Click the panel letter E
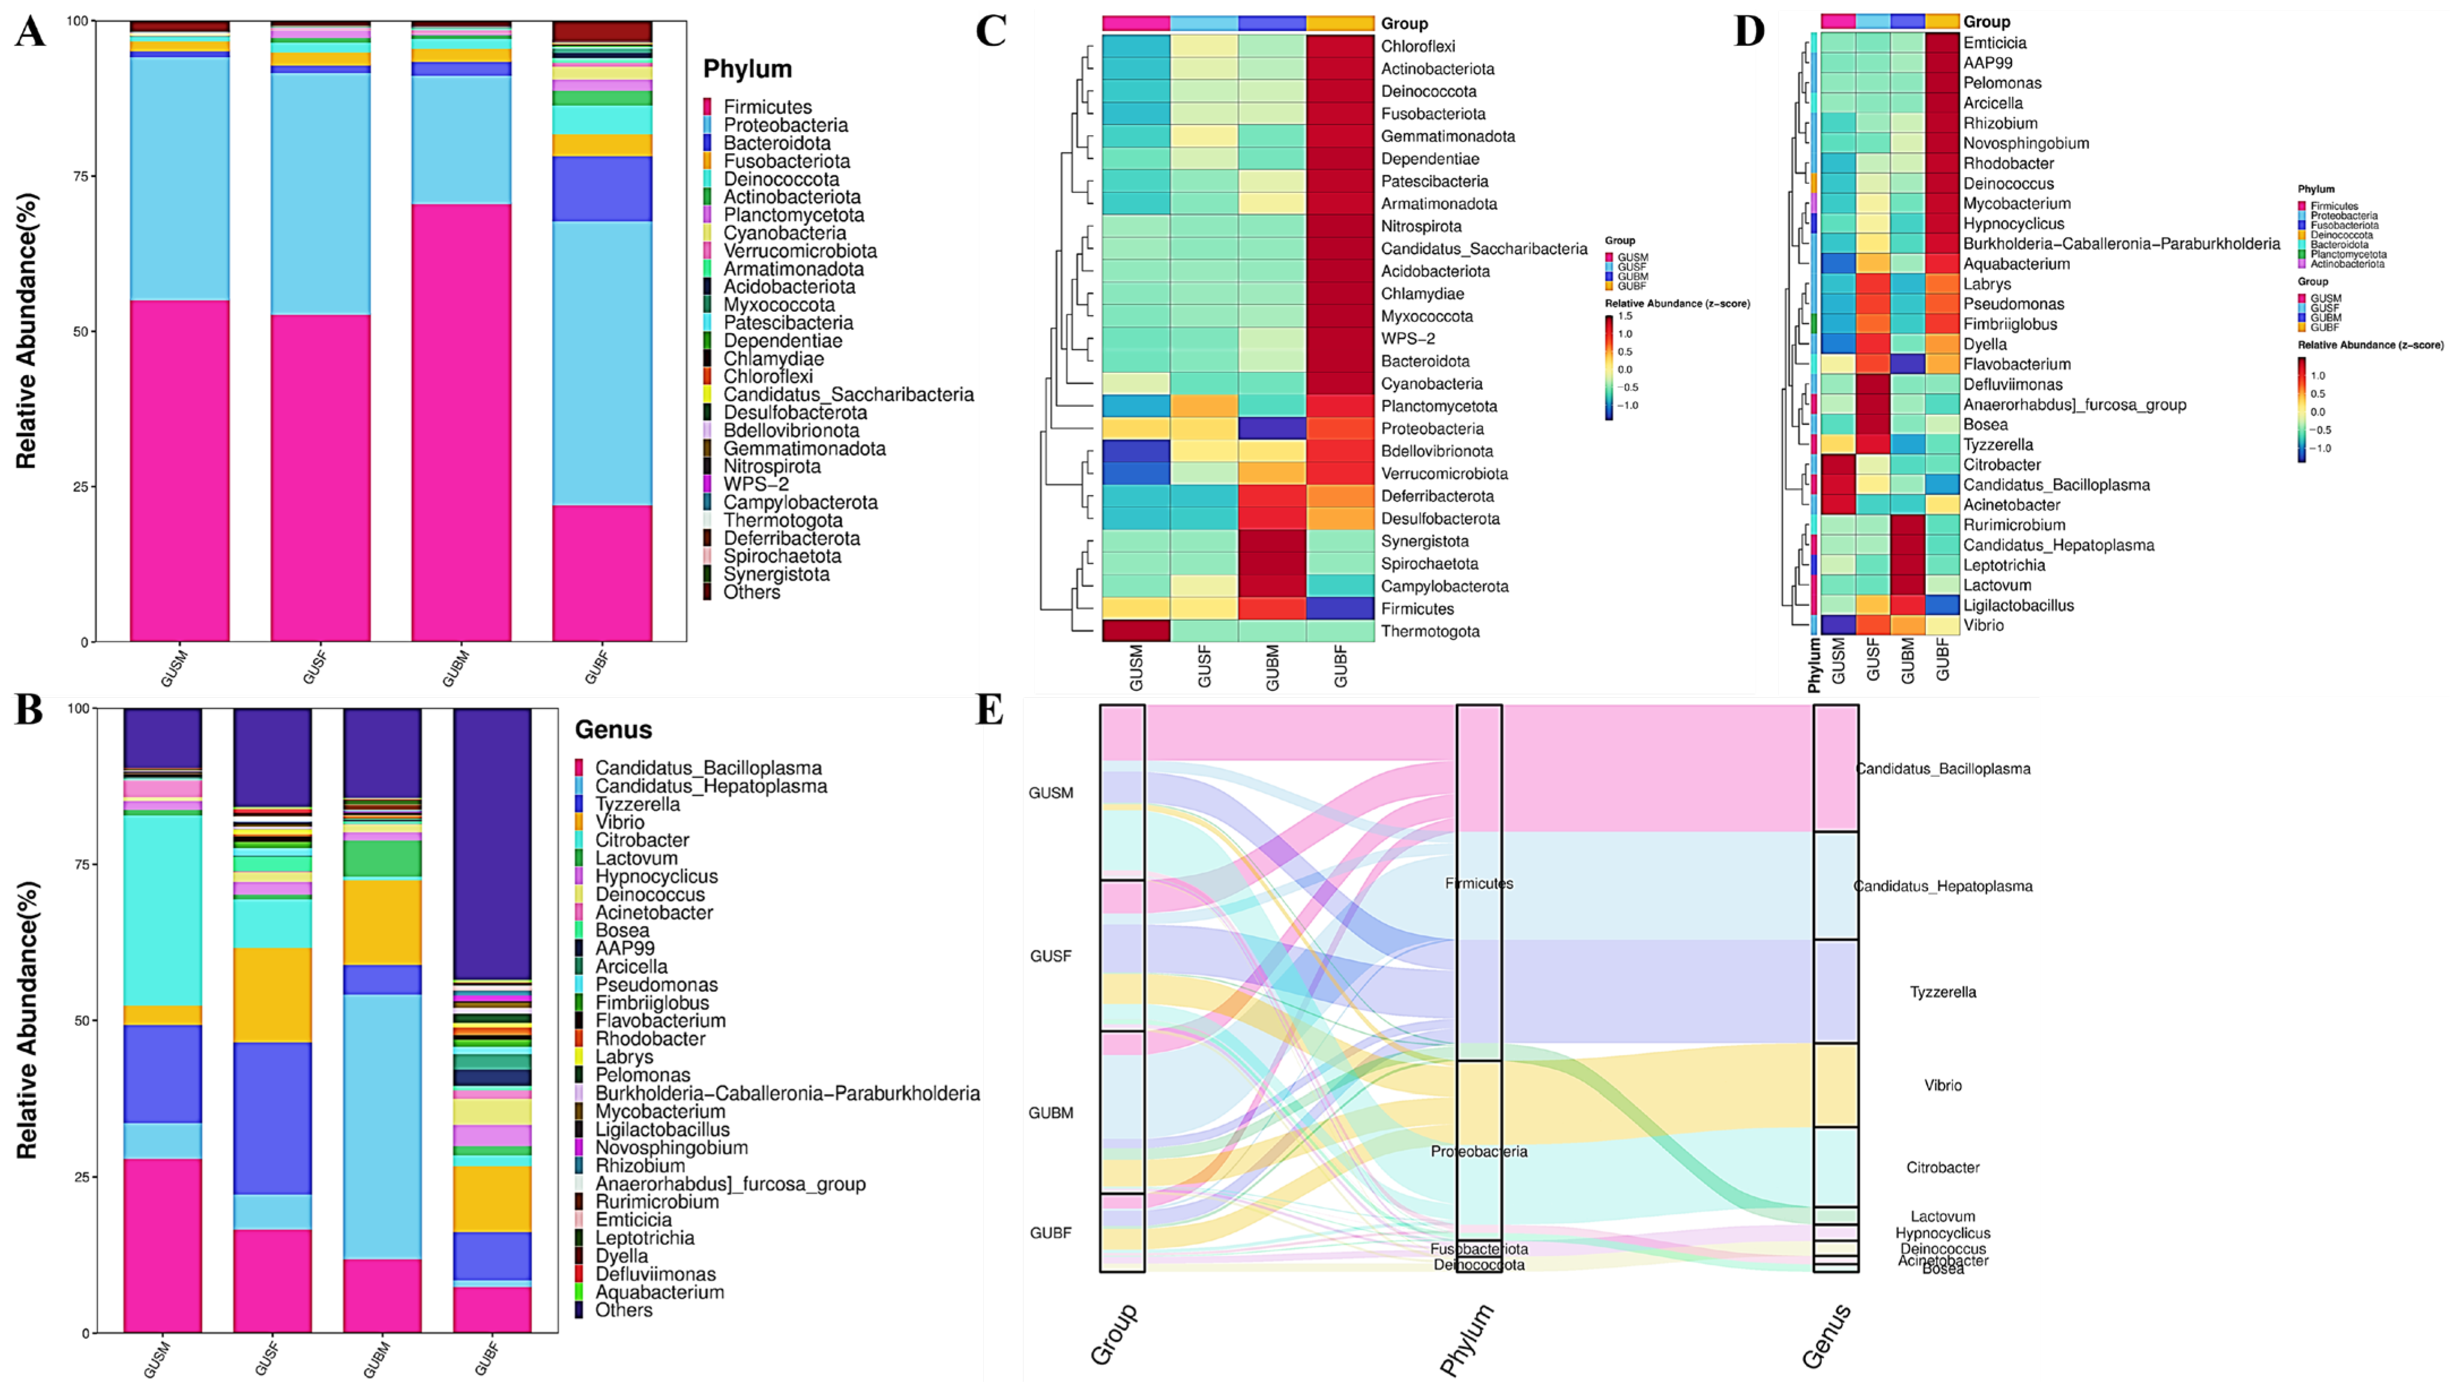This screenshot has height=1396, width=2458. point(989,711)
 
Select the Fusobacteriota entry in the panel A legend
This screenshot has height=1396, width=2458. point(786,161)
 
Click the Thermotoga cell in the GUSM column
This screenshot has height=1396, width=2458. point(1136,631)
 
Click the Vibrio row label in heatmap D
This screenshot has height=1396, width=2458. point(1982,625)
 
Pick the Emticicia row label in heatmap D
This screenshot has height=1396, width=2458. point(1995,43)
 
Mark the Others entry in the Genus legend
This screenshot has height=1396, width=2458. point(623,1310)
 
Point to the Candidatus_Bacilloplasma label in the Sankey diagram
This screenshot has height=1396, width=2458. point(1943,769)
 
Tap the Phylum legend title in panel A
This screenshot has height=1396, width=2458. point(747,69)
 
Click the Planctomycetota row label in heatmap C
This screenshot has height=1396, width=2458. point(1438,406)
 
